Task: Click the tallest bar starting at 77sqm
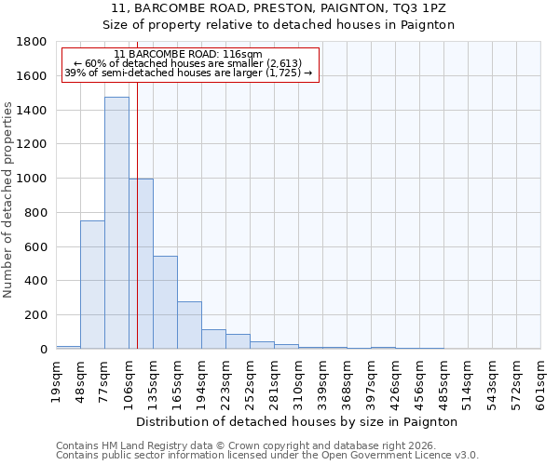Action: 116,223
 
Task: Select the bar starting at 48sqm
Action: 92,285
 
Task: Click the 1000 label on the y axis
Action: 32,179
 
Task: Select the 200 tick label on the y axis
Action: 35,315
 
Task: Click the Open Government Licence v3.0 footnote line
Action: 267,455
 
